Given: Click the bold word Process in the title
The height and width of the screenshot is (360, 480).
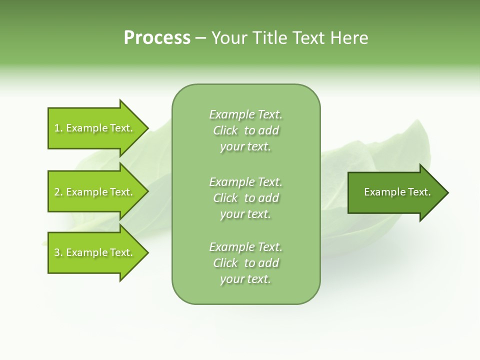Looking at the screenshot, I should pos(157,38).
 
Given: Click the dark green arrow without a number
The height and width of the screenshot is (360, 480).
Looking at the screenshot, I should pos(395,192).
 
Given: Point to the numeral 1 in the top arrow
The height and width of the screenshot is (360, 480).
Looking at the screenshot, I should pos(57,128).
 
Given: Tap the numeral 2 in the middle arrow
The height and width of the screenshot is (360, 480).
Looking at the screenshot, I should pos(57,192).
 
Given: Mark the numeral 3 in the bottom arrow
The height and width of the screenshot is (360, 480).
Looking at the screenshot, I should pos(57,252).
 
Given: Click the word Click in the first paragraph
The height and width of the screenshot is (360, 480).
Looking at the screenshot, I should pos(225,130).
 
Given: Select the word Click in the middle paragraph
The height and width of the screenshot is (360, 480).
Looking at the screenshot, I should pos(225,198).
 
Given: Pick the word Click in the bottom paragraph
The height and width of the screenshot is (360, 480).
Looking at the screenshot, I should pos(225,263).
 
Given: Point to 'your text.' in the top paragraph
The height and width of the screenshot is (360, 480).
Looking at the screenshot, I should pos(245,147).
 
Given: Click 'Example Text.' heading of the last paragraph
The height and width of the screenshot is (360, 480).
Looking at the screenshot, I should pos(245,247).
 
